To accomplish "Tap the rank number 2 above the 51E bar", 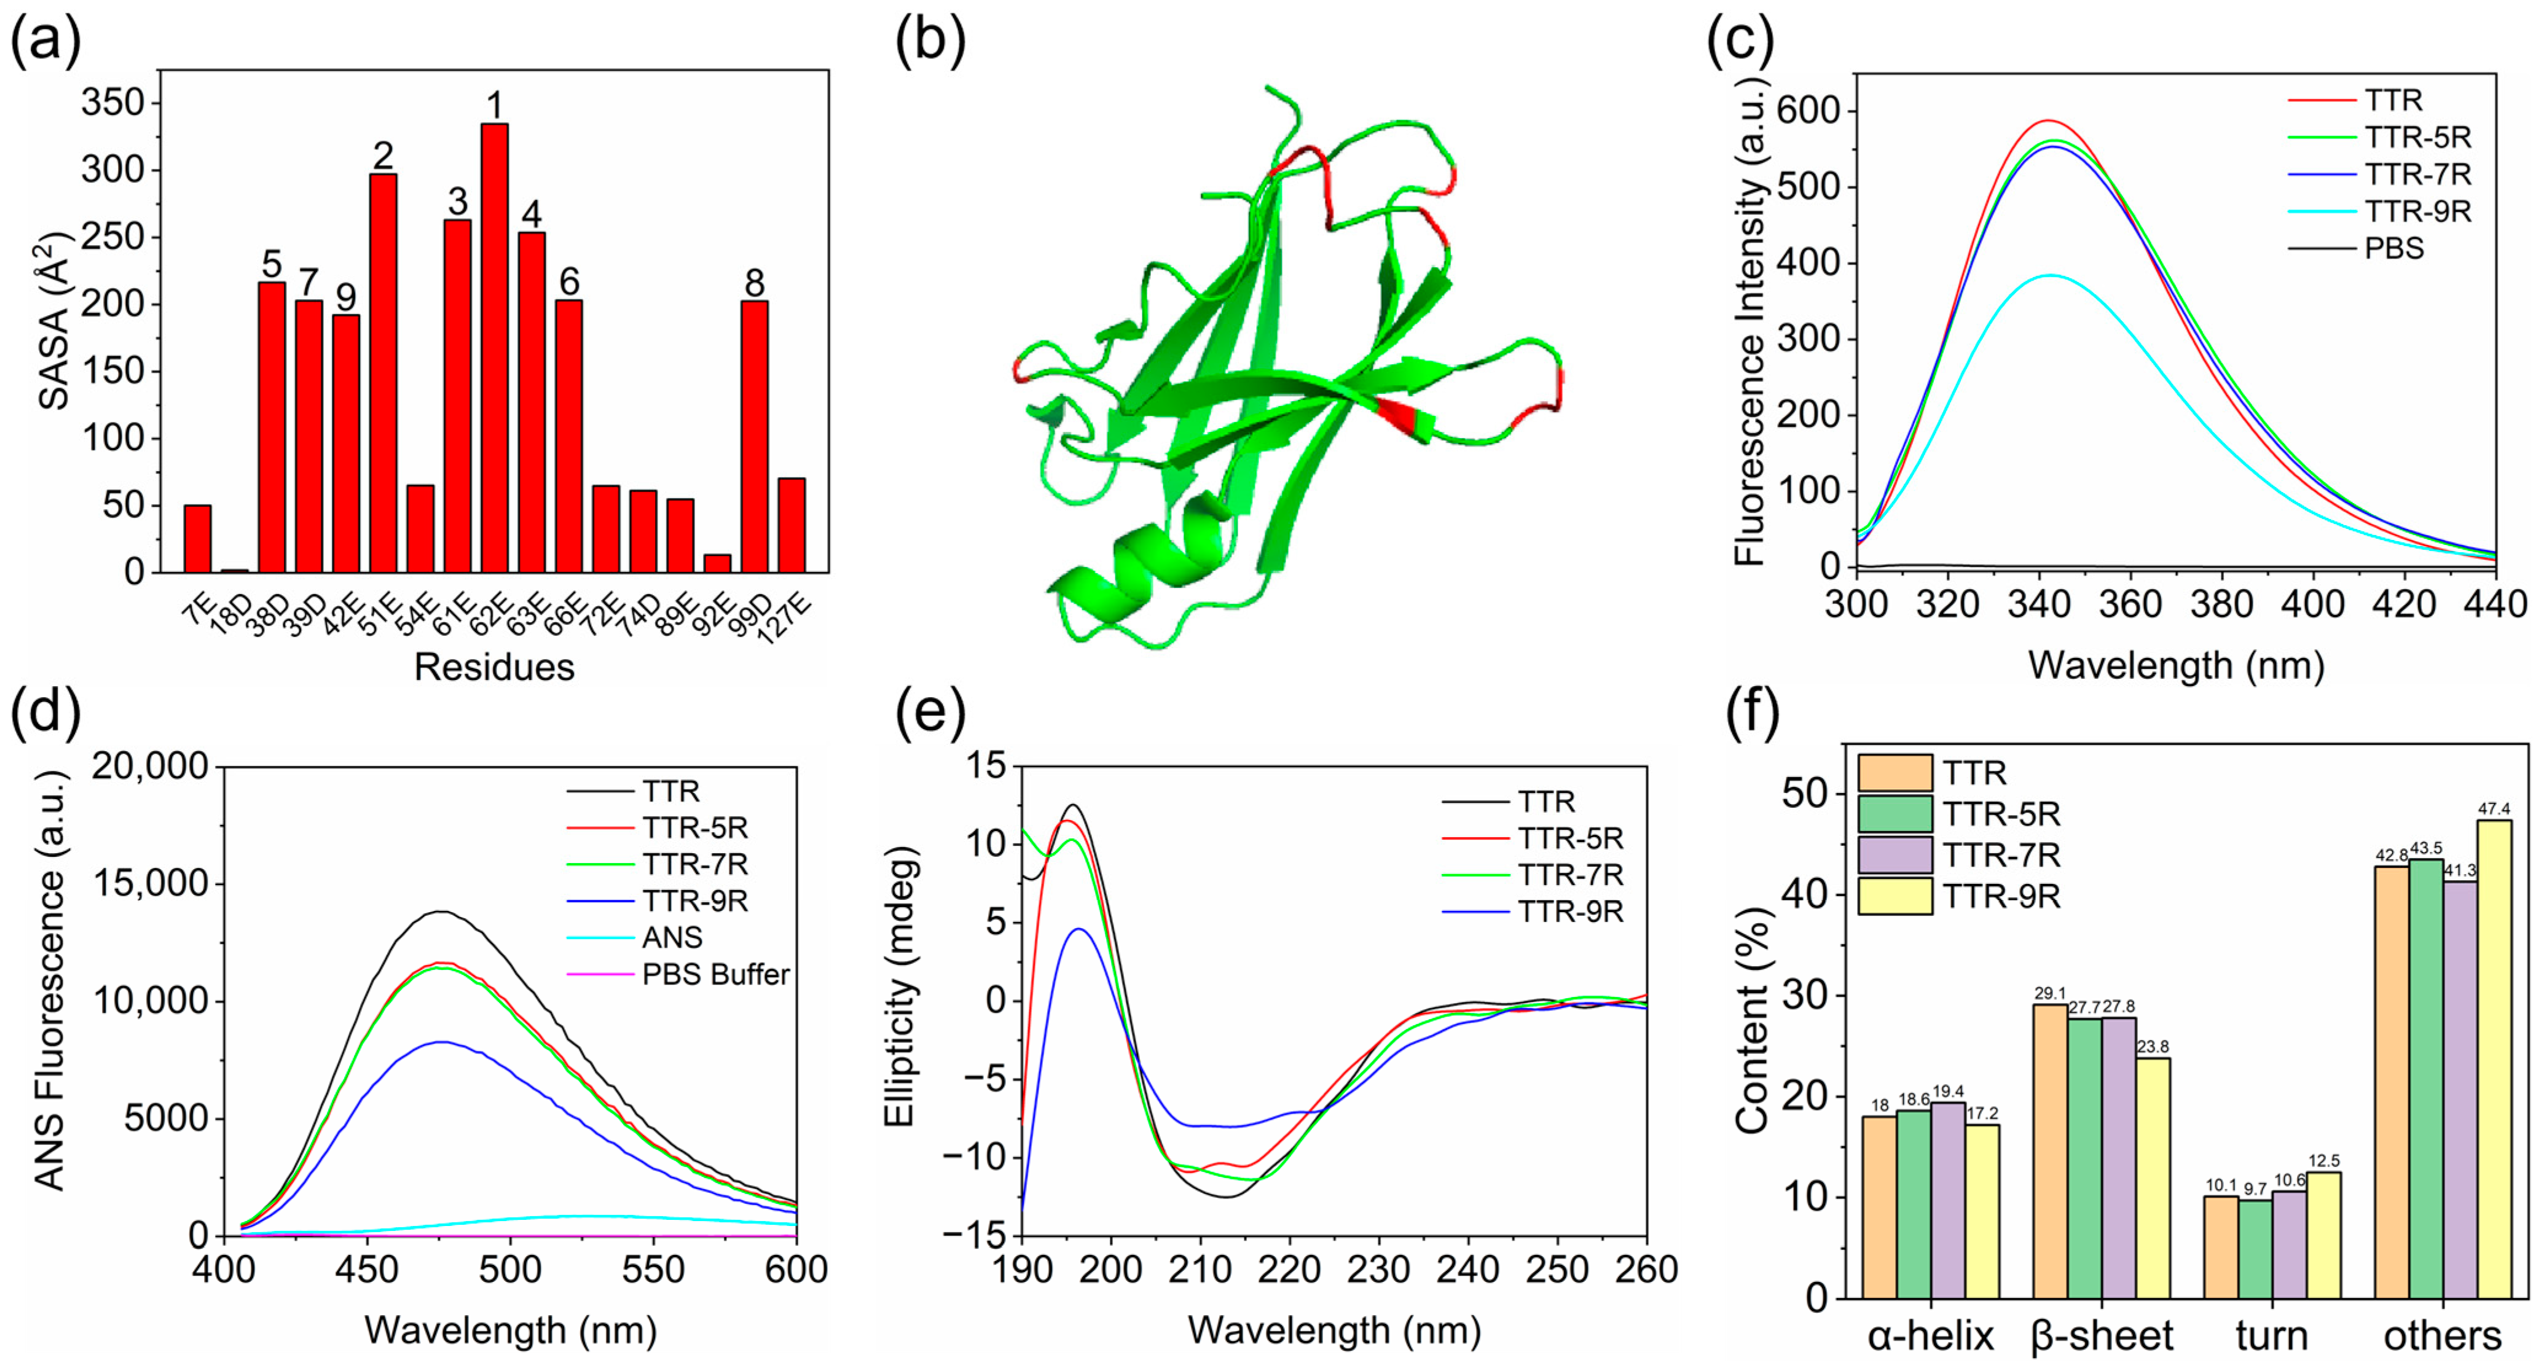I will point(383,156).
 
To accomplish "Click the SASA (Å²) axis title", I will point(55,321).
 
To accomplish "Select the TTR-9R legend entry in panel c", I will point(2417,211).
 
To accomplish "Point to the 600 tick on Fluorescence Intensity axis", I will point(1807,111).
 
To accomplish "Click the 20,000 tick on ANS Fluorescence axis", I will point(150,767).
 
